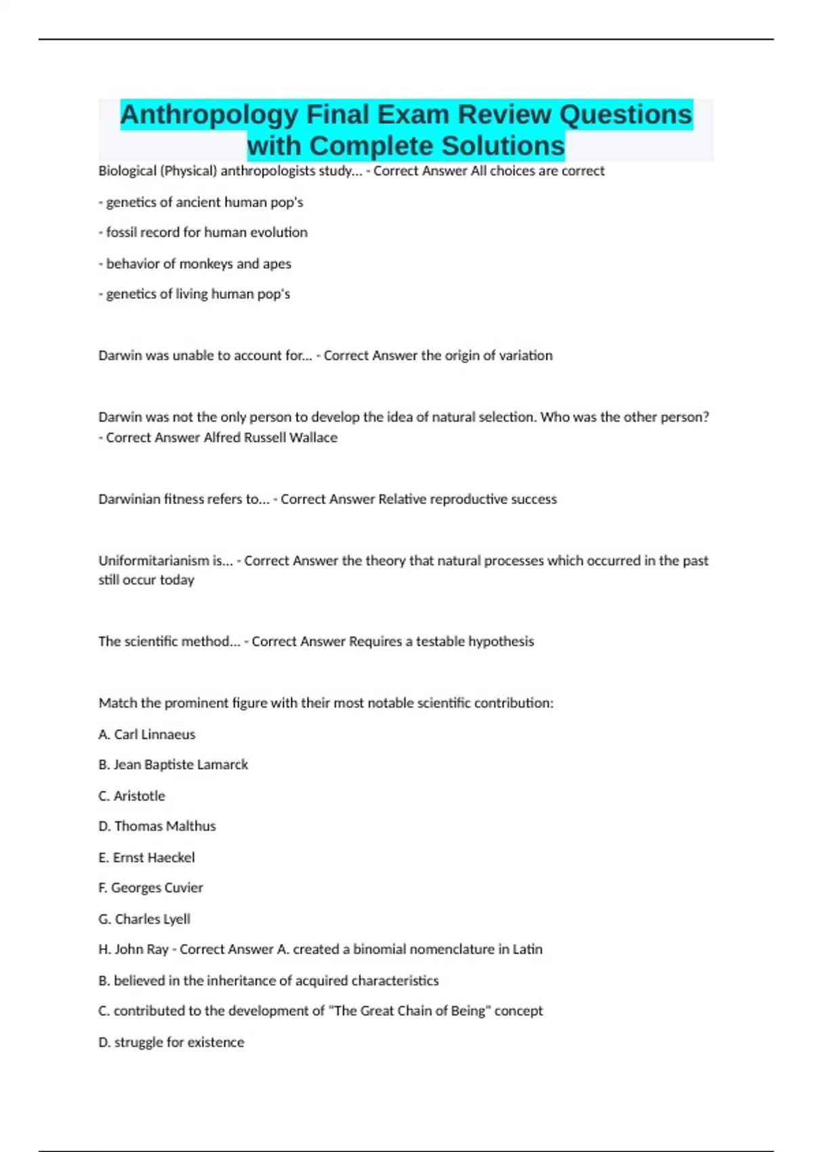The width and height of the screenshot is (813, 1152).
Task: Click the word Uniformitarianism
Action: point(154,560)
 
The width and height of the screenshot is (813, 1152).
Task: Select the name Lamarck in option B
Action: point(222,765)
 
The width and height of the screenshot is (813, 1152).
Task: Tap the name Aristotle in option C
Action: point(139,796)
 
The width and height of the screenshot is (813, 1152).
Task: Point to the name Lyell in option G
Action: point(175,919)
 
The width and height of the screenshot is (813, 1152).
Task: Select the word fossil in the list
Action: point(121,232)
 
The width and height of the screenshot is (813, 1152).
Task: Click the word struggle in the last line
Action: point(138,1042)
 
